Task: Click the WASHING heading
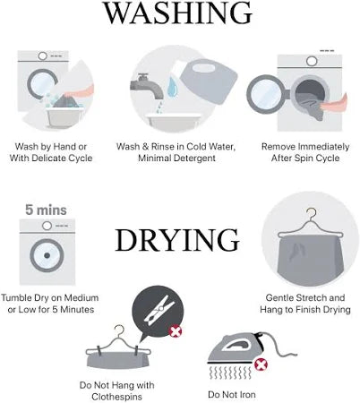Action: [x=177, y=13]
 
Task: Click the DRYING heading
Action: [x=177, y=240]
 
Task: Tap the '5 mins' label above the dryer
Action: [x=46, y=210]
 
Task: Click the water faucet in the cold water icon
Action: [x=146, y=86]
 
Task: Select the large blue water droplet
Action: [x=172, y=87]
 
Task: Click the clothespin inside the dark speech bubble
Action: [x=159, y=310]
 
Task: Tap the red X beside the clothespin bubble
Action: [x=176, y=331]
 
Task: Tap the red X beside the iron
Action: [x=261, y=364]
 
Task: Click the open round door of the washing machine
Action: [x=266, y=94]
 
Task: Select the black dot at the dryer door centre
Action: [x=47, y=255]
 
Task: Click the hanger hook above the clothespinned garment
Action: [x=119, y=330]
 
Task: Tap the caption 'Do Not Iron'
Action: [x=232, y=394]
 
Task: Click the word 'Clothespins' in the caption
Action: [x=117, y=397]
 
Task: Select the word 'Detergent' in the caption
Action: [x=196, y=158]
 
